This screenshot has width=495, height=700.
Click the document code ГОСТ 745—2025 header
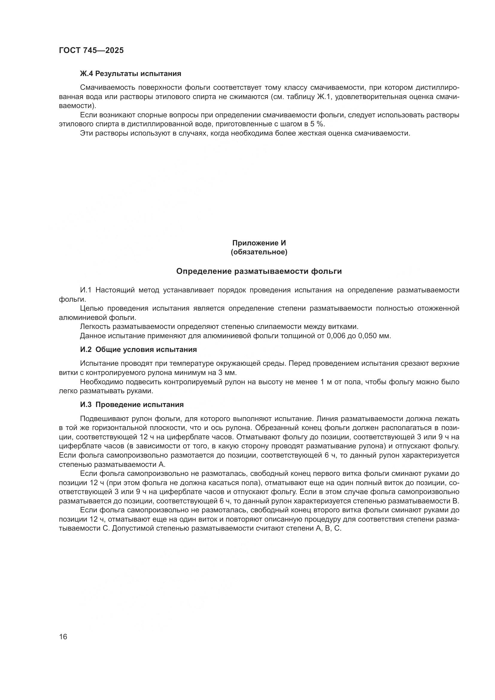(91, 51)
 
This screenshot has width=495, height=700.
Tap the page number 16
(63, 637)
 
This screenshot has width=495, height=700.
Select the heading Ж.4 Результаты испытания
(130, 74)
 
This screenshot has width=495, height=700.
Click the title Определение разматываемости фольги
(259, 271)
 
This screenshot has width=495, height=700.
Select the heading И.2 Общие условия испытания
(138, 350)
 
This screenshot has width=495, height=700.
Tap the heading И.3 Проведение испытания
(132, 405)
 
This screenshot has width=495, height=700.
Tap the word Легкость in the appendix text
(95, 327)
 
